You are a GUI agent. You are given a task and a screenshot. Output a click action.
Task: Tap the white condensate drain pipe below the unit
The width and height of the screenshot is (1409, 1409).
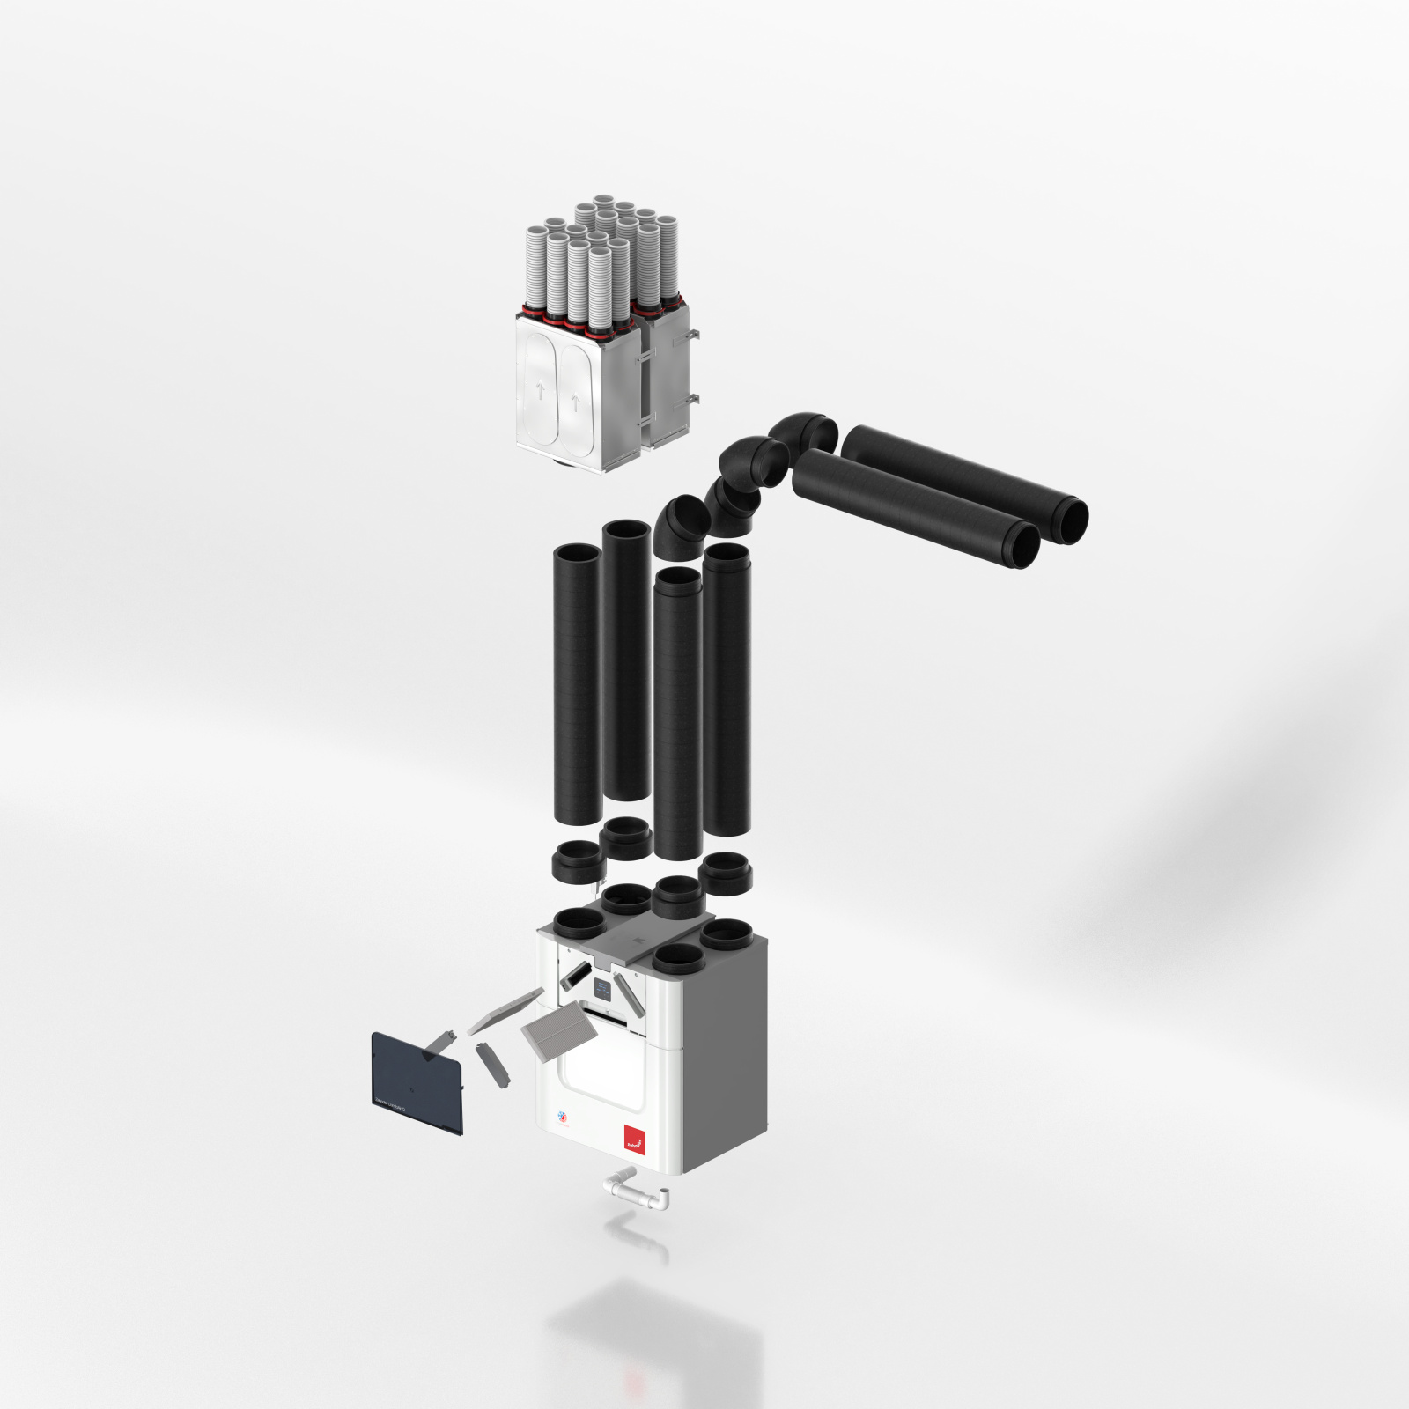tap(637, 1191)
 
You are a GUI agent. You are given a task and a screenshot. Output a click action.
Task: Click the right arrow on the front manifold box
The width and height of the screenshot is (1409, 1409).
tap(576, 404)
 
